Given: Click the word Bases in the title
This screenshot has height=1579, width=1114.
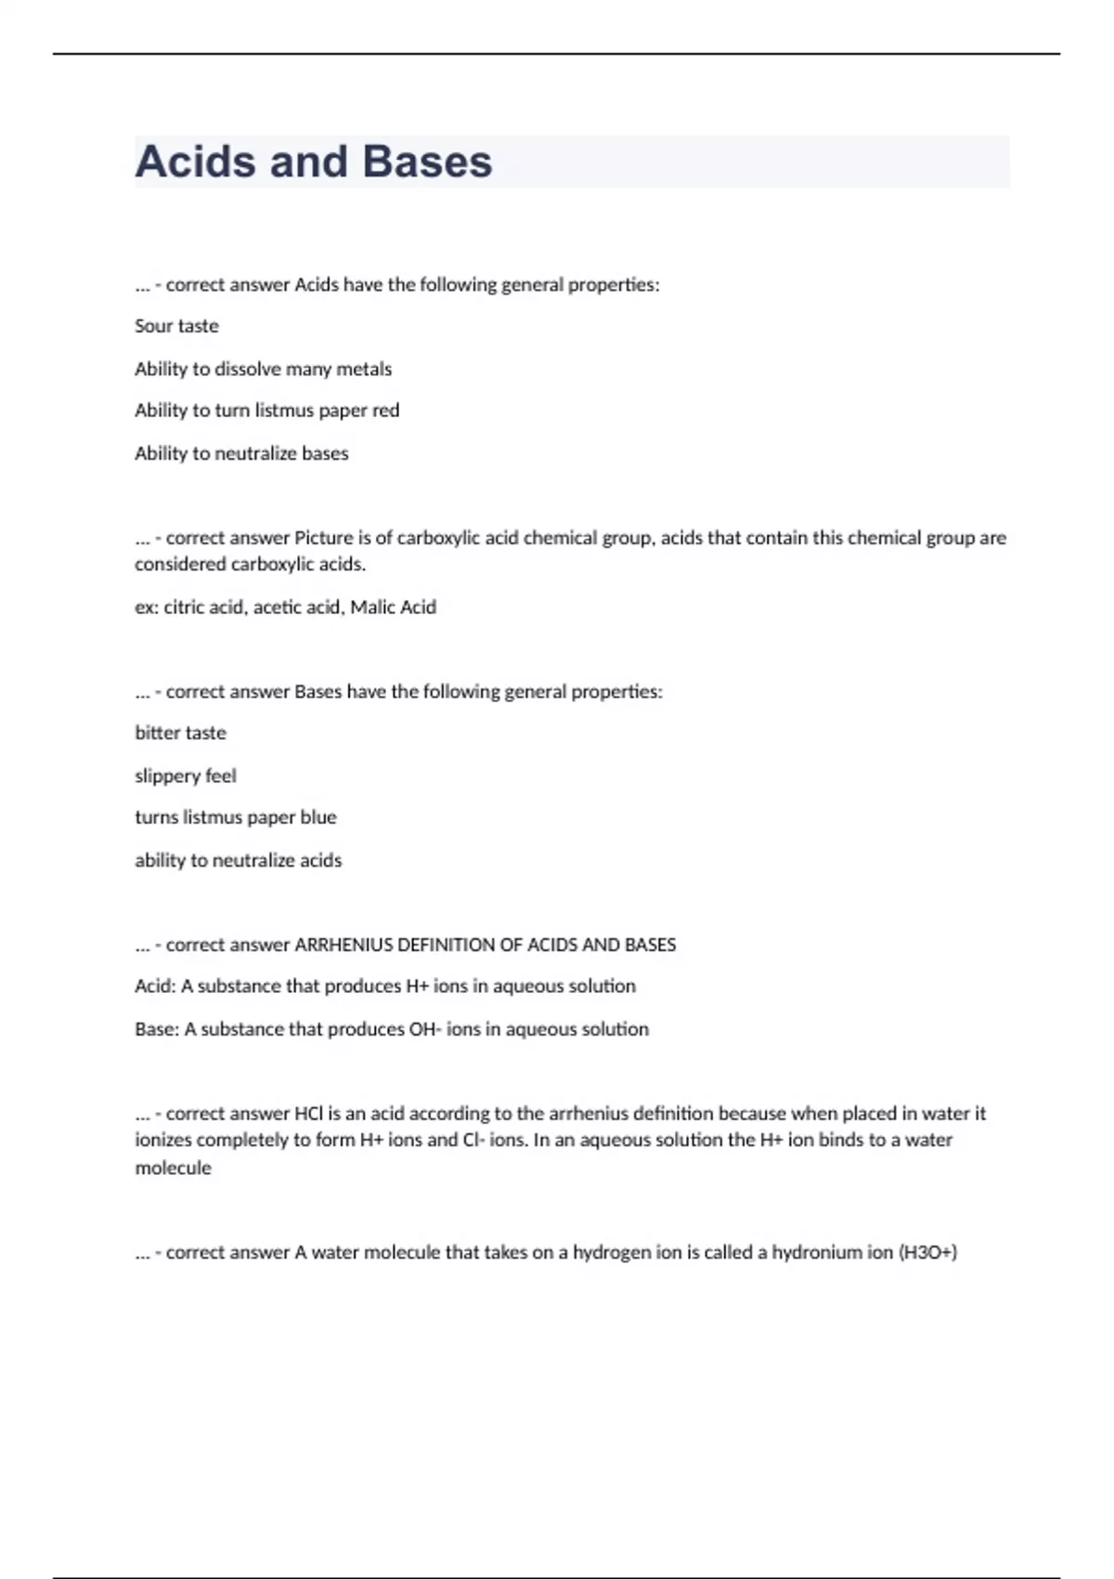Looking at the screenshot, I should (x=427, y=162).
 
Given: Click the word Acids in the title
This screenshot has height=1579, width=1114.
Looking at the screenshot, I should (x=195, y=162).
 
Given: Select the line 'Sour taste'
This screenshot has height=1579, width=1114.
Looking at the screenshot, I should (x=176, y=326).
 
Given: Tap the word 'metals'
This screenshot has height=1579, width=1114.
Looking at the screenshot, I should (x=364, y=369).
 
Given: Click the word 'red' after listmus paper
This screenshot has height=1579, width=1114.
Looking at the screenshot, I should (x=385, y=411).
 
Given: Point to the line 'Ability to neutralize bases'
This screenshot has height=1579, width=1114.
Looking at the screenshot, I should (x=241, y=453).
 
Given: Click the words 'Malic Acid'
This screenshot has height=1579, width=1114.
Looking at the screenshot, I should (x=393, y=607).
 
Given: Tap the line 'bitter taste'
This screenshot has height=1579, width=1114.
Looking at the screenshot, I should (x=180, y=733).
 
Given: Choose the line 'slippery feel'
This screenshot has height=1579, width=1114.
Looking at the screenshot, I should (x=186, y=776).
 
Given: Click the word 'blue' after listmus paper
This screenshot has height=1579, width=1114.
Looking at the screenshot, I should (x=317, y=817).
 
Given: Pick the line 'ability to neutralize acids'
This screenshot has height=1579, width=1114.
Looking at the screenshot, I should (x=238, y=860).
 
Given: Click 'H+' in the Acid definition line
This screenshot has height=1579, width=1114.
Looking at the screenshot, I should (x=417, y=986).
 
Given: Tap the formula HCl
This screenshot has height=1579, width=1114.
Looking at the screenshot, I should (x=308, y=1113).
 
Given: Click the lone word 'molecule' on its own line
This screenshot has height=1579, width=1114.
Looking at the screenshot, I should (x=173, y=1168).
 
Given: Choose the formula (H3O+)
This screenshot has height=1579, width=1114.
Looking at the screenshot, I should (x=927, y=1252).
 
